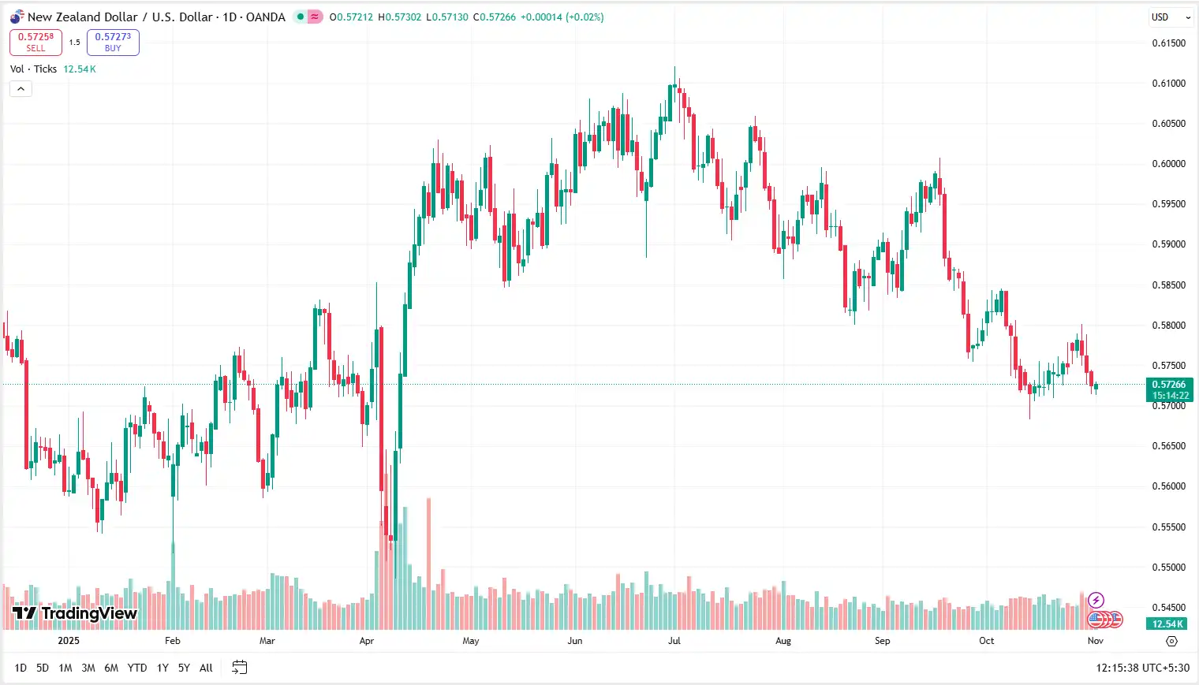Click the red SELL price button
(x=35, y=42)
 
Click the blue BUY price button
(x=113, y=42)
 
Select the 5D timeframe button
(x=43, y=668)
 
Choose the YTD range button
(x=137, y=668)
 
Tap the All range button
(x=206, y=668)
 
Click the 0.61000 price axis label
(x=1168, y=84)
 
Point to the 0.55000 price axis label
(x=1168, y=568)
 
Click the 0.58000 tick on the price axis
(x=1168, y=326)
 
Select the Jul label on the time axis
(x=674, y=641)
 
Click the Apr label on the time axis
(x=367, y=641)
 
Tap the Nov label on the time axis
(x=1095, y=641)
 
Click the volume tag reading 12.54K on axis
(x=1167, y=624)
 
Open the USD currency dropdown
(x=1170, y=17)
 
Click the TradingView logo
(x=75, y=613)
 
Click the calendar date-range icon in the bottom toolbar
(x=240, y=668)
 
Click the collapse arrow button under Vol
(x=21, y=89)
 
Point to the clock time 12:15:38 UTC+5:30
(x=1142, y=668)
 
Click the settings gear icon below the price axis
(x=1171, y=642)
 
